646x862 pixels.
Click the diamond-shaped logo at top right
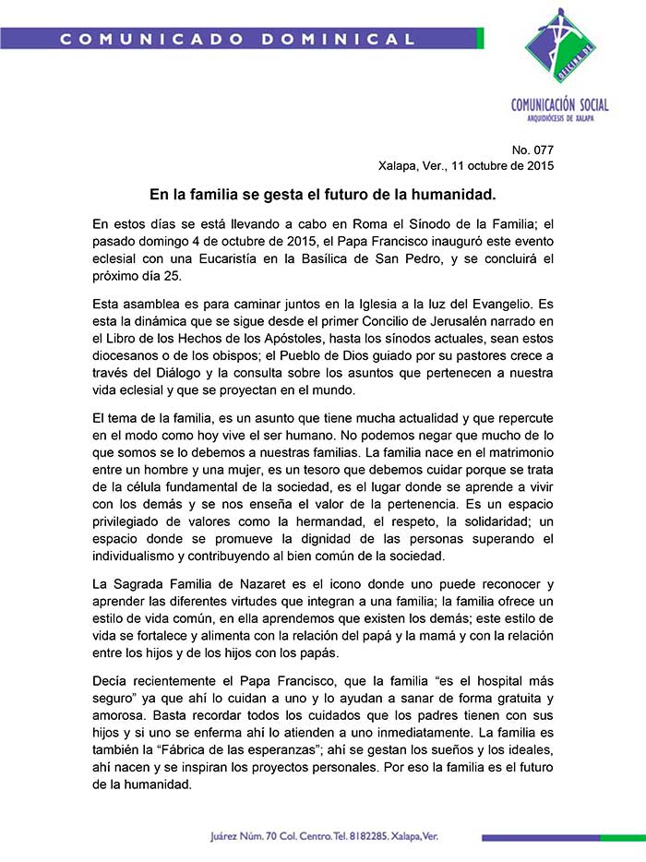560,47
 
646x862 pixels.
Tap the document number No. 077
532,150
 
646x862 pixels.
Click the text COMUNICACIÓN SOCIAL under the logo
560,105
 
